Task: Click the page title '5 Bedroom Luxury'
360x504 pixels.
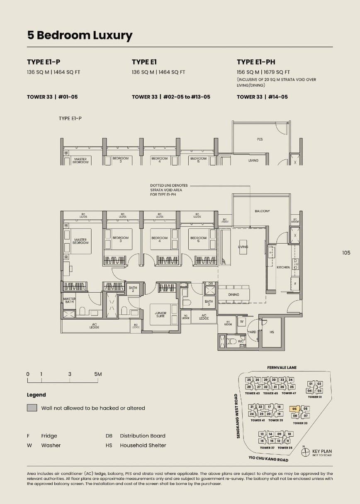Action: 80,36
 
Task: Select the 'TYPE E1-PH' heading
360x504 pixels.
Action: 256,62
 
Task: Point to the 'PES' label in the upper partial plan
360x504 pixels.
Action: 260,139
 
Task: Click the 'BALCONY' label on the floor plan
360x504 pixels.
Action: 262,211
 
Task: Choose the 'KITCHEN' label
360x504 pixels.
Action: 283,267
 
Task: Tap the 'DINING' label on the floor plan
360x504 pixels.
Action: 234,295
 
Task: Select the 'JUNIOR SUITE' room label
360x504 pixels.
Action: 161,315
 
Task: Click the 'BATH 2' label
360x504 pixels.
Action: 133,289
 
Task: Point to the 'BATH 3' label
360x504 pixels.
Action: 209,303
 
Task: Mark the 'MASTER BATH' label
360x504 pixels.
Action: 69,301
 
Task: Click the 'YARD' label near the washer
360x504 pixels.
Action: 252,332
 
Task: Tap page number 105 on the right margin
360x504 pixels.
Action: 346,252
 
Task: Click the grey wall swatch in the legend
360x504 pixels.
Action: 32,408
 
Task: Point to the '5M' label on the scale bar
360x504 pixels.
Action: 98,374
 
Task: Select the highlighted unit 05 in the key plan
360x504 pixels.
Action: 294,409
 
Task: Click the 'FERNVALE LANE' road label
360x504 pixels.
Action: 282,367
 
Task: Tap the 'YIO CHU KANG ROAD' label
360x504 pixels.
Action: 269,459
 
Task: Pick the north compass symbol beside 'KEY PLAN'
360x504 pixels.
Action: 306,452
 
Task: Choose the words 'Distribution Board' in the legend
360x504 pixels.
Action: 142,436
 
